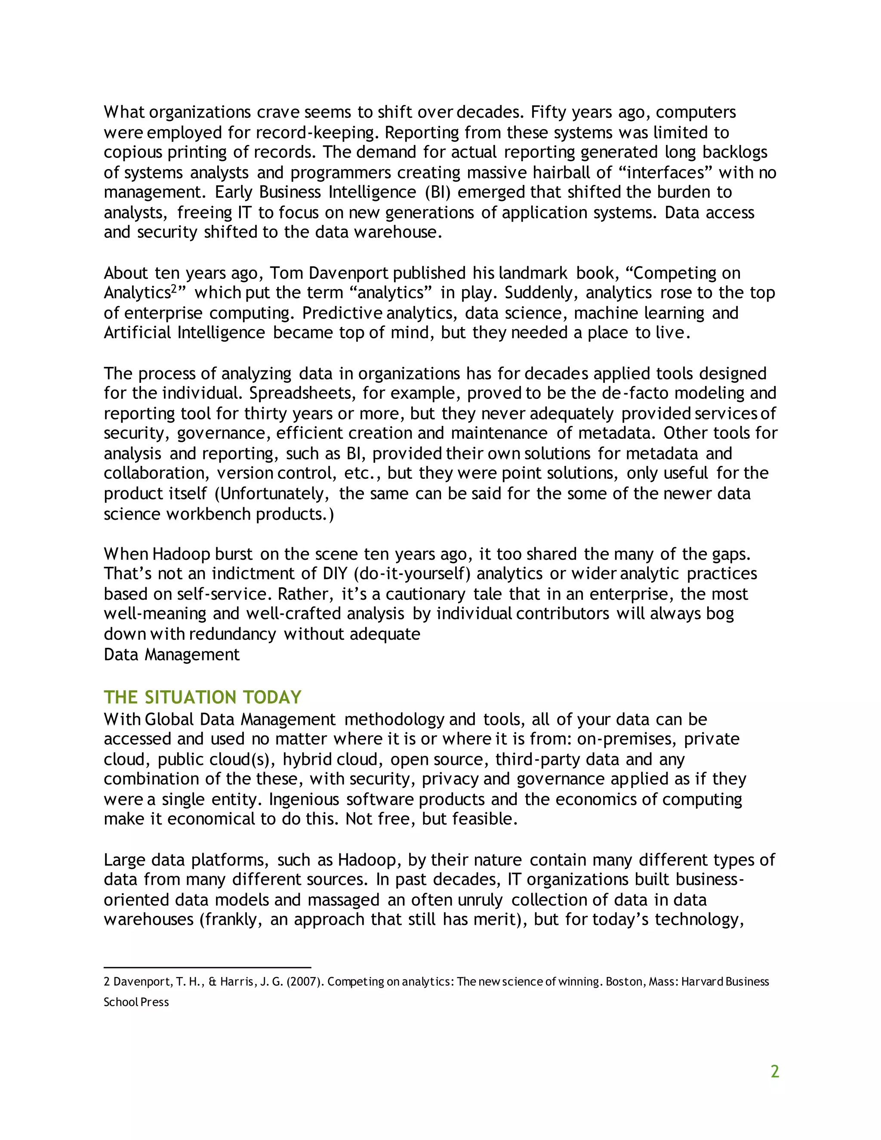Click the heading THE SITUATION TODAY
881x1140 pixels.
203,697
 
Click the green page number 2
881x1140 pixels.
774,1071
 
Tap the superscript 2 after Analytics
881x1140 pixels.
174,288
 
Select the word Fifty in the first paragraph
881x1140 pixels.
548,112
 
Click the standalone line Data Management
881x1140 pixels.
171,655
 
